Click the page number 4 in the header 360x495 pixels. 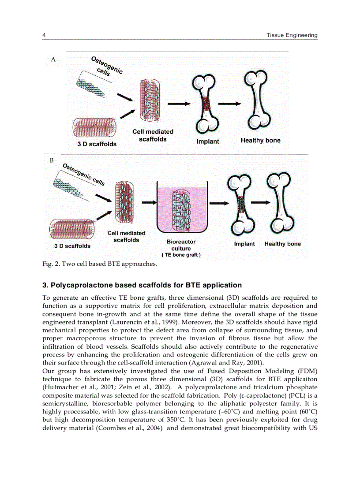point(44,35)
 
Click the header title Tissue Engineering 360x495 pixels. point(292,35)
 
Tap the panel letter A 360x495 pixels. point(53,59)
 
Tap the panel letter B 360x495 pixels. point(52,161)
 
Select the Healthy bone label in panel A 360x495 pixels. point(260,141)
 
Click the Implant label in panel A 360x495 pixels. point(207,141)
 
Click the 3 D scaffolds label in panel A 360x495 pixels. point(97,144)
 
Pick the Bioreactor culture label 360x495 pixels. point(181,245)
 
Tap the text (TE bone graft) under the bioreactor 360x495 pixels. point(181,255)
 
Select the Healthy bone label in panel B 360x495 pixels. point(282,244)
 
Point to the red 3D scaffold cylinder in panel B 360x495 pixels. point(71,229)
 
